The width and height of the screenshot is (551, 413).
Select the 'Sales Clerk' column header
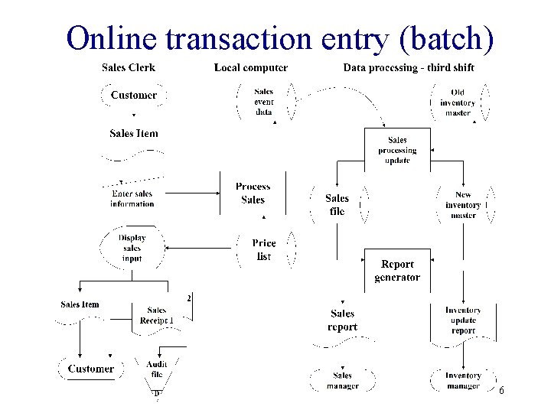click(x=129, y=67)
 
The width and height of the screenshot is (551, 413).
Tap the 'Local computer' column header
click(x=251, y=67)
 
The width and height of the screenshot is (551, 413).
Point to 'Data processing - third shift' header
click(x=409, y=67)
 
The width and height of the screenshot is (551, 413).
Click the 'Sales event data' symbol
click(x=263, y=102)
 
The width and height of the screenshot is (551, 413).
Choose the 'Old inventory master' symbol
click(x=458, y=102)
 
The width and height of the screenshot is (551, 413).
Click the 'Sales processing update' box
click(x=397, y=150)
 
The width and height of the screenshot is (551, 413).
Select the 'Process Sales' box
click(x=253, y=193)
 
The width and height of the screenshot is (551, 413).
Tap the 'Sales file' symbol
click(x=337, y=204)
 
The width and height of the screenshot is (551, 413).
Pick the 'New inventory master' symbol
click(x=463, y=205)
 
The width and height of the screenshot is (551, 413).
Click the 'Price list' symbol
click(x=264, y=249)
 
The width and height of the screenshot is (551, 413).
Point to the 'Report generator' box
click(x=396, y=271)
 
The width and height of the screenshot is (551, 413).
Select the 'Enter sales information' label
click(x=132, y=199)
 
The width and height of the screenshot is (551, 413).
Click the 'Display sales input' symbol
click(x=132, y=248)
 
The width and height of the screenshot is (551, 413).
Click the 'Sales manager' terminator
click(x=342, y=380)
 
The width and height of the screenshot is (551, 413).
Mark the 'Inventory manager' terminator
click(x=463, y=380)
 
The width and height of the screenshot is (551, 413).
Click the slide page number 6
click(x=501, y=391)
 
